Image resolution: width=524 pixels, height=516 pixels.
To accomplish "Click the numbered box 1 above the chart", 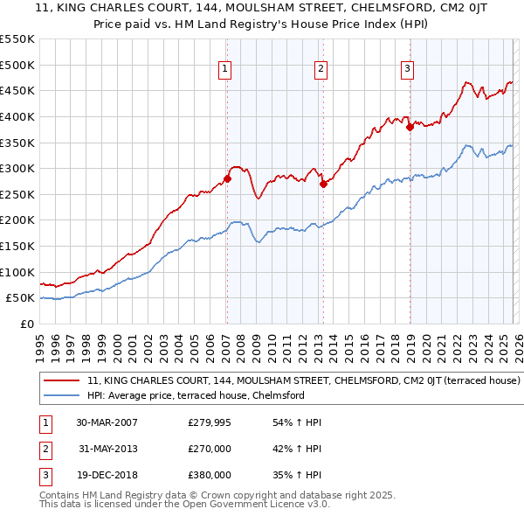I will click(x=225, y=69).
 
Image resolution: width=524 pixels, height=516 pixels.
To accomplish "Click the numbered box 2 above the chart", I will click(x=321, y=69).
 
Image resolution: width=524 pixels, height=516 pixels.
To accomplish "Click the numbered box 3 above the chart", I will click(x=407, y=69).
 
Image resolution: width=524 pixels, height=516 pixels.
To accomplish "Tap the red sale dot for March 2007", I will click(x=227, y=179).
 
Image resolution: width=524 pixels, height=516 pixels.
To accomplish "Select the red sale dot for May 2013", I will click(x=322, y=184).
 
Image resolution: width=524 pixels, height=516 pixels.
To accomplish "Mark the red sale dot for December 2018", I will click(x=409, y=127).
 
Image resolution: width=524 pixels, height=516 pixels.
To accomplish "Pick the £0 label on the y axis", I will click(x=27, y=324).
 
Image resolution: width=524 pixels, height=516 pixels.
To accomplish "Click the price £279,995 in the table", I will click(x=210, y=422).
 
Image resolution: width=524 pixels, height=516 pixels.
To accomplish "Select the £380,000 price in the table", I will click(x=210, y=475).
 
